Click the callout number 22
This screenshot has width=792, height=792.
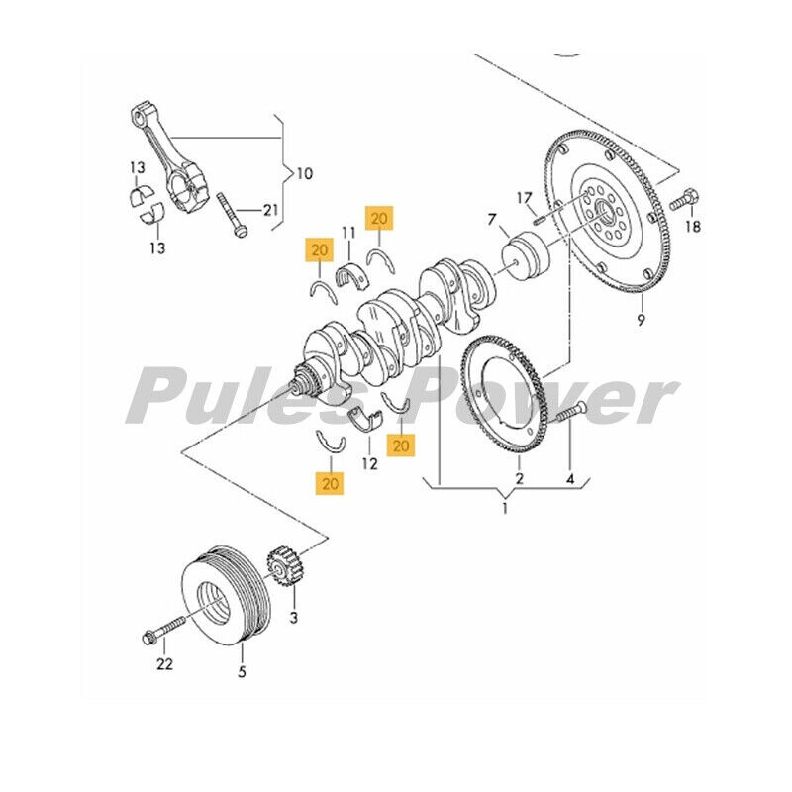click(164, 663)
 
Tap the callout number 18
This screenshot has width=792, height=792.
click(692, 227)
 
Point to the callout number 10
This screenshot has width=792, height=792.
click(303, 174)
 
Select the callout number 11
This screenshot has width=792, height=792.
click(347, 233)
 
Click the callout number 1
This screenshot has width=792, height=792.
click(504, 509)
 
